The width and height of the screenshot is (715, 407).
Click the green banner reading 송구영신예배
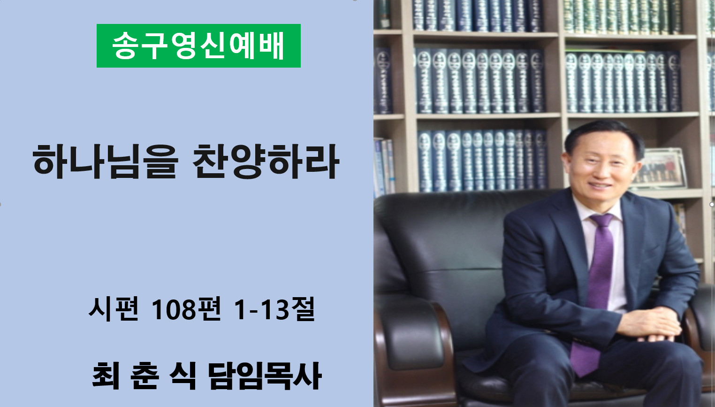(x=198, y=46)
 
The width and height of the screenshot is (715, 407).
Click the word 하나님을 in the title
(x=105, y=161)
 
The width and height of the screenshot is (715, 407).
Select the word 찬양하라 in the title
(x=266, y=161)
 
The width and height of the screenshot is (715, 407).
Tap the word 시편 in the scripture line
(x=114, y=309)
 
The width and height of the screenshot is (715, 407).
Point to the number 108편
(x=186, y=309)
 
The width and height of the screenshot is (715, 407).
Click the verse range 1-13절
(x=274, y=309)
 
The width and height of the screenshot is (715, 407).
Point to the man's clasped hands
(x=648, y=324)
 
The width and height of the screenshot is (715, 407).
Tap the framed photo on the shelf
(x=658, y=168)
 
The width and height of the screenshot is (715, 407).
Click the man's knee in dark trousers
(x=543, y=358)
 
